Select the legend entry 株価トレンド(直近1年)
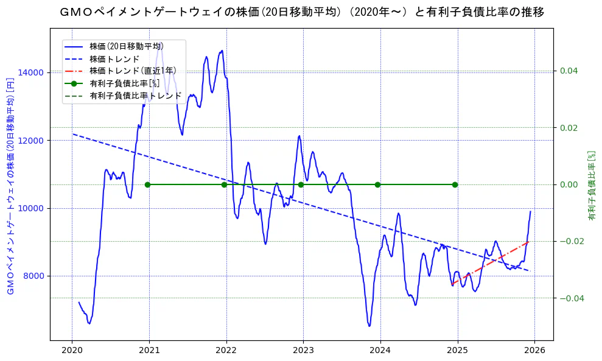pos(132,71)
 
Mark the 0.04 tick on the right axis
pos(569,71)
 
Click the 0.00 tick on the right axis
pos(569,184)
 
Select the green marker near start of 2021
pos(147,184)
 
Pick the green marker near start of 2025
pos(455,184)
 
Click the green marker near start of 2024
pos(377,184)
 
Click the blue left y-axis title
pos(10,186)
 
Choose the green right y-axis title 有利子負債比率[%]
pos(591,185)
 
